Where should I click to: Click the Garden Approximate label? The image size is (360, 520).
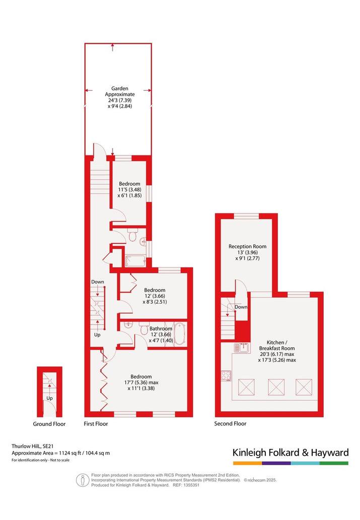tap(120, 91)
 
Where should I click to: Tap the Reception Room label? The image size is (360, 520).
tap(248, 246)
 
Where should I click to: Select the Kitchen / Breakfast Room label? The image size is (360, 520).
tap(277, 345)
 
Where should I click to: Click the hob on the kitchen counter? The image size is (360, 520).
tap(226, 376)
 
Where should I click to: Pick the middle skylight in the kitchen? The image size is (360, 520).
tap(276, 387)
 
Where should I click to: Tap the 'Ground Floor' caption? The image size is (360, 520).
tap(49, 424)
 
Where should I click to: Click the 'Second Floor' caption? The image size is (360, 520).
tap(230, 423)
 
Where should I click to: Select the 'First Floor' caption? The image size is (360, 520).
tap(96, 423)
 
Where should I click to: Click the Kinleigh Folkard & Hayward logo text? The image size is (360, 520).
tap(291, 453)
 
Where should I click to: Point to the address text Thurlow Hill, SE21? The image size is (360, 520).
tap(33, 447)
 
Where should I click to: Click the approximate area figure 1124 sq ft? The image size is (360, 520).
tap(70, 453)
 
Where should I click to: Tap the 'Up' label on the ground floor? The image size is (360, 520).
tap(49, 398)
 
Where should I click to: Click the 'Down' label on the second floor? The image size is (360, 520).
tap(241, 307)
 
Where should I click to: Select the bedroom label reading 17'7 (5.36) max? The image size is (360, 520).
tap(141, 383)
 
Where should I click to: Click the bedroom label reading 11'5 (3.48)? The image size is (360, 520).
tap(130, 189)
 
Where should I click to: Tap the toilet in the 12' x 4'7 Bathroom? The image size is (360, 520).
tap(144, 330)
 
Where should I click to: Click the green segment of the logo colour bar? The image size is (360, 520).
tap(334, 463)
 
